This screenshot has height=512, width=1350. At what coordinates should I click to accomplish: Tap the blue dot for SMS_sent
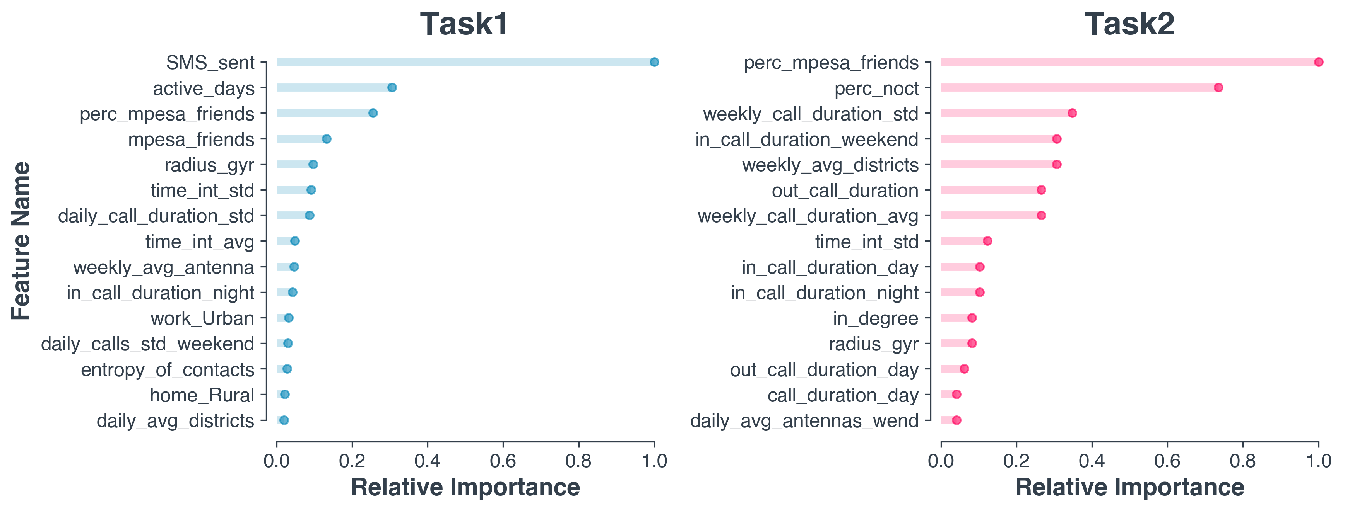click(x=654, y=62)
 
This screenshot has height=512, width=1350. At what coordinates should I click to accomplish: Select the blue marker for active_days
click(x=392, y=87)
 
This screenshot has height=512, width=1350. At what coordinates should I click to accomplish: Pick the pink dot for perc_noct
click(x=1218, y=87)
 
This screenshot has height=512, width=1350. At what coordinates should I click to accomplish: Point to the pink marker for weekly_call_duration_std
click(x=1072, y=113)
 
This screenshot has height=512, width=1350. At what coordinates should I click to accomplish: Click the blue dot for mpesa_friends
click(x=327, y=139)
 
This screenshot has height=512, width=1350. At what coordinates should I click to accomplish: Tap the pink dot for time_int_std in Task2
click(x=987, y=241)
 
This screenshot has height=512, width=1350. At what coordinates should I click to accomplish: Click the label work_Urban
click(x=202, y=318)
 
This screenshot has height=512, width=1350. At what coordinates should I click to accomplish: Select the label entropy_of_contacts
click(x=168, y=369)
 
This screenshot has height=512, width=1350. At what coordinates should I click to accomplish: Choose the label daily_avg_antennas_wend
click(x=804, y=421)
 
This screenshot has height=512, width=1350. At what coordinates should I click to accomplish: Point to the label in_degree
click(x=876, y=318)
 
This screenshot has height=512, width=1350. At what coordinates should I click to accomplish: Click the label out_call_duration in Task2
click(x=845, y=191)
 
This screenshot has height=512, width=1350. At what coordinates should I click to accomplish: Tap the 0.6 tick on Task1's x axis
click(x=503, y=461)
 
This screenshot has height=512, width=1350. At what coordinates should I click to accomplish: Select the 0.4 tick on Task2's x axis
click(x=1092, y=461)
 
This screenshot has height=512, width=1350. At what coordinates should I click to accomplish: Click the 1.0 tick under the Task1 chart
click(x=654, y=461)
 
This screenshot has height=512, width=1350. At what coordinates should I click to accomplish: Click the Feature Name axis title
click(x=22, y=241)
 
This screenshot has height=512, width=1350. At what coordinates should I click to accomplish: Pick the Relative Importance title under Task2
click(x=1129, y=487)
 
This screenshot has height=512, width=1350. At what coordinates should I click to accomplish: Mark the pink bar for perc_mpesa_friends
click(x=1129, y=62)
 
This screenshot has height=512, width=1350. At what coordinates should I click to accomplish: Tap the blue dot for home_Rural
click(x=284, y=394)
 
